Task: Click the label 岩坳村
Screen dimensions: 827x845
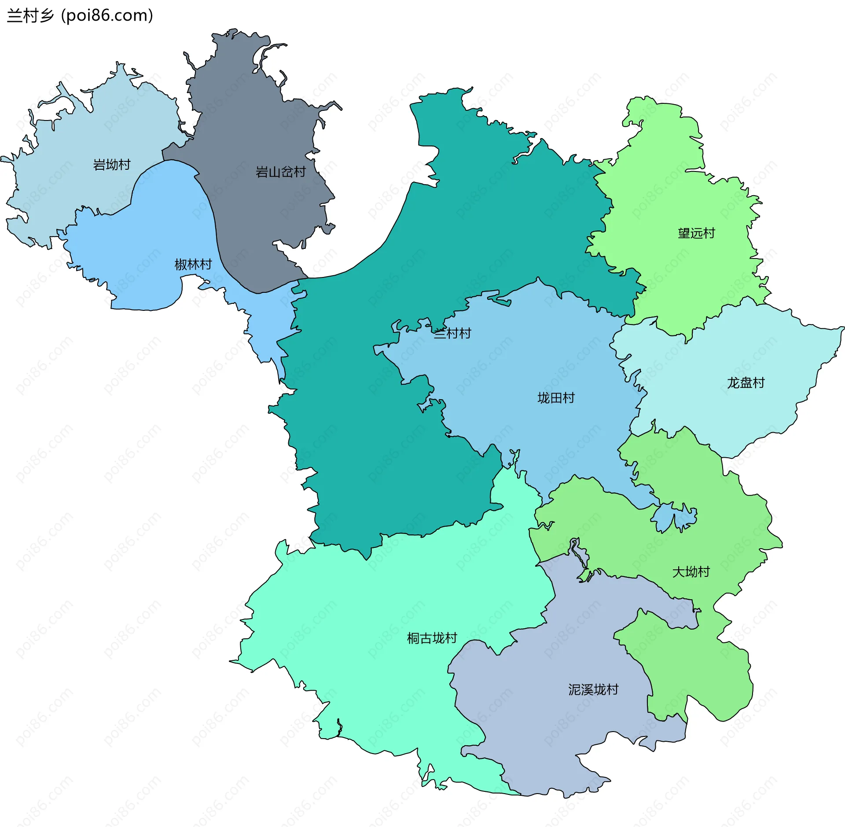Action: click(x=112, y=165)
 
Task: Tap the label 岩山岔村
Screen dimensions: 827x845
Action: click(x=280, y=172)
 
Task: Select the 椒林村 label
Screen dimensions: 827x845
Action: click(x=193, y=264)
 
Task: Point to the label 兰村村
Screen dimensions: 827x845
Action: click(x=452, y=333)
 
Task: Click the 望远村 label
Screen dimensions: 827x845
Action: click(x=696, y=233)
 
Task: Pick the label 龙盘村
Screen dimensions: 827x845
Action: click(x=746, y=383)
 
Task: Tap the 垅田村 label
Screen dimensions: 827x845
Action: click(x=556, y=398)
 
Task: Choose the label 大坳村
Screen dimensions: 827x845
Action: click(x=691, y=572)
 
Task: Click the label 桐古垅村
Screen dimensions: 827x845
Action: click(x=432, y=638)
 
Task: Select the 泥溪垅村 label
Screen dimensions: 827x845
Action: click(x=593, y=689)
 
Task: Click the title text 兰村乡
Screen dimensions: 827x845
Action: click(x=30, y=16)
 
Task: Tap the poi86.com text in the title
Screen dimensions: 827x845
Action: click(x=107, y=16)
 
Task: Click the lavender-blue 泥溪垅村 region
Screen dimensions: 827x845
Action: click(x=550, y=725)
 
